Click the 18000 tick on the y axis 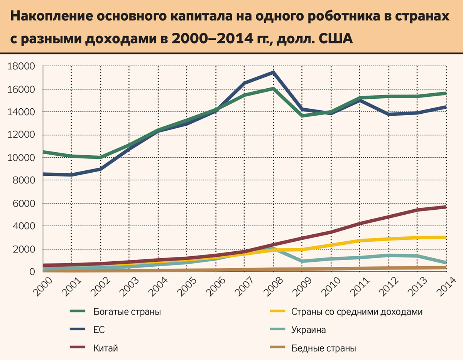[22, 67]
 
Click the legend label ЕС [99, 330]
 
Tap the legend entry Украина [309, 330]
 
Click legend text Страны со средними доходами [357, 312]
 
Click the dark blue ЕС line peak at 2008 [273, 72]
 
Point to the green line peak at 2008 [273, 89]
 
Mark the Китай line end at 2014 [446, 207]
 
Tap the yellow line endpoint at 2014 [446, 237]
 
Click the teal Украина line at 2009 [302, 261]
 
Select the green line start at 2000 [43, 152]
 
